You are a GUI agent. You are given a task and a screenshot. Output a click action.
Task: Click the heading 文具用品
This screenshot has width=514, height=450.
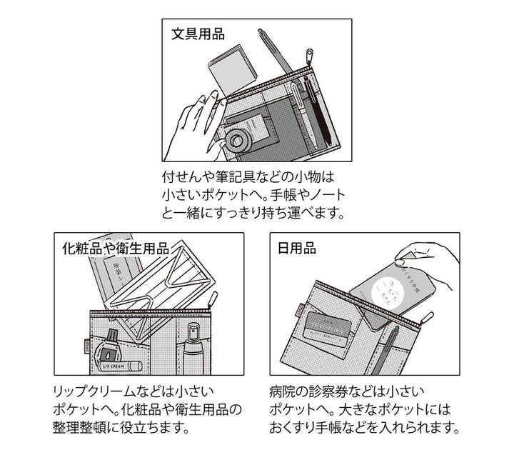click(198, 33)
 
